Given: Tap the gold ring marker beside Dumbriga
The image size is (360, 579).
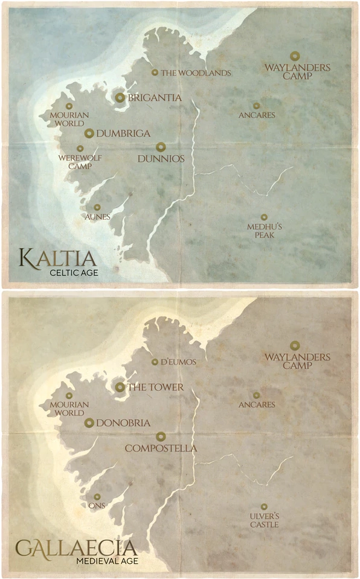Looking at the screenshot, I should (89, 133).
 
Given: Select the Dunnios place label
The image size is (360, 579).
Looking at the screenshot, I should (161, 159).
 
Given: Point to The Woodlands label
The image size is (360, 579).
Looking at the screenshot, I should (196, 73).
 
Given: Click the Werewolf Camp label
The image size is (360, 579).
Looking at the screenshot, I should (75, 162).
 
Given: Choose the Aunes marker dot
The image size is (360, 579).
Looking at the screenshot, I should (97, 207).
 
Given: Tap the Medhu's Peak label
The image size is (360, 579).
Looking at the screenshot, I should (264, 231).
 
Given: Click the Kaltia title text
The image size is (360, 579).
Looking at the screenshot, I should (57, 259).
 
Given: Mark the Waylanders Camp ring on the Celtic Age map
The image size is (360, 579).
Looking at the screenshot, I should (294, 56).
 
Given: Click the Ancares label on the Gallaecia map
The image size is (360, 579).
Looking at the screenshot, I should (257, 405).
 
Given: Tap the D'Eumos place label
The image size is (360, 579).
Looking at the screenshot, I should (175, 362).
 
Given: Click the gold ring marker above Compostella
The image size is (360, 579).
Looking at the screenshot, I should (161, 436).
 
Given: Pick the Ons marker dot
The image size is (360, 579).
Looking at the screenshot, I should (97, 497).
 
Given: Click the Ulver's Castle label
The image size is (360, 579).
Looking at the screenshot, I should (265, 520).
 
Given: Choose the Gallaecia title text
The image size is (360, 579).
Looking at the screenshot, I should (76, 548).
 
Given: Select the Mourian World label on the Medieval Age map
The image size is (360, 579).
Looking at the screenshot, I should (69, 409).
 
